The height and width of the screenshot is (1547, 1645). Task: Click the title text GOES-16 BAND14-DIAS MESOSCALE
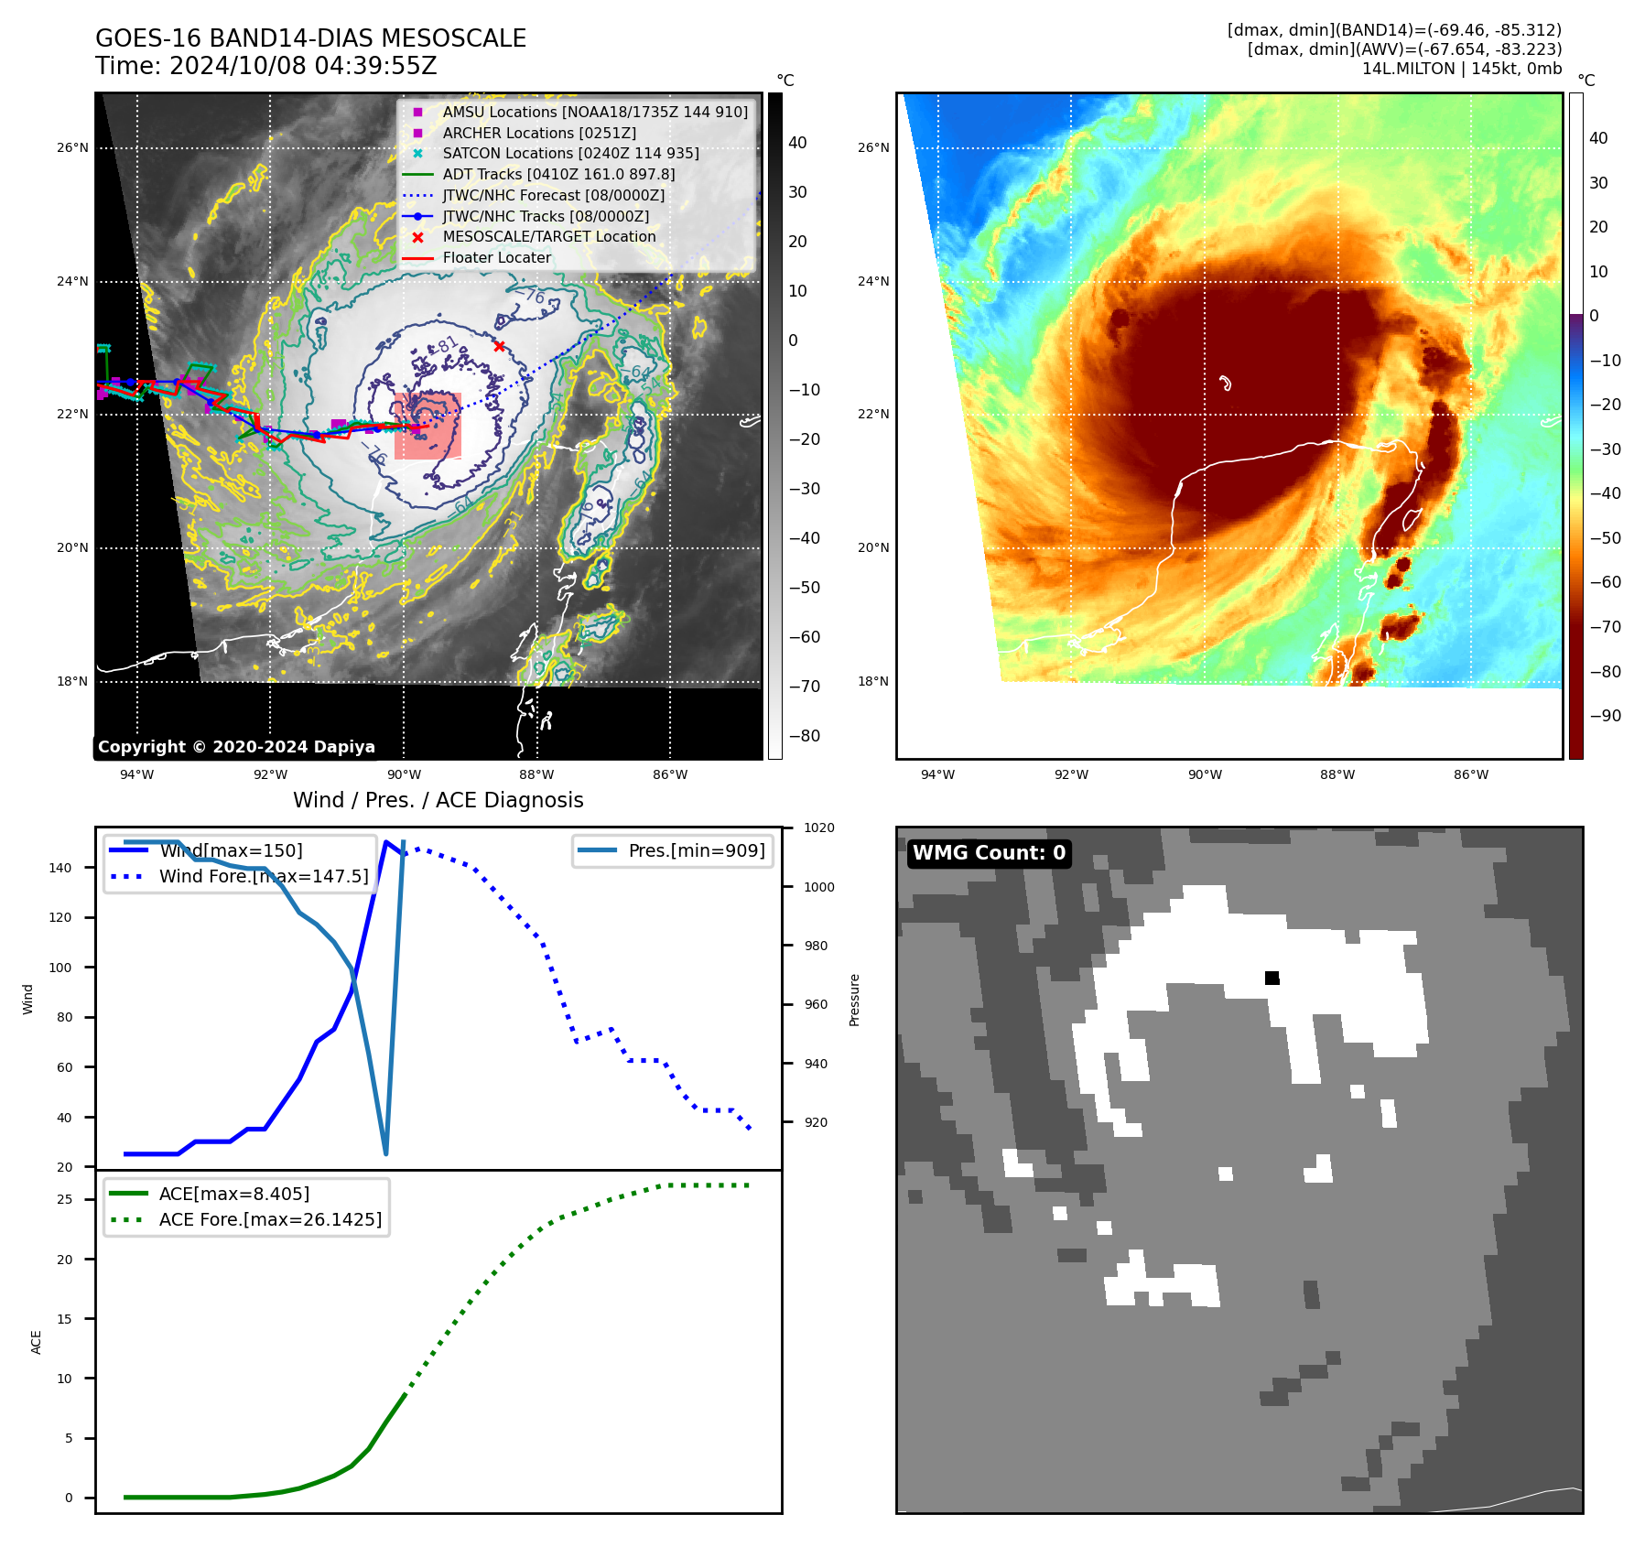[310, 38]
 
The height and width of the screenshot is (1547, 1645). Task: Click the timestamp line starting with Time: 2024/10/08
[265, 66]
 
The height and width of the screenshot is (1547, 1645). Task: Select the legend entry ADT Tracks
[558, 174]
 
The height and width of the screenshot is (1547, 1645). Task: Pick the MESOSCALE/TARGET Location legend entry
[548, 236]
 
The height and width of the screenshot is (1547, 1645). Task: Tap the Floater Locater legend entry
[496, 257]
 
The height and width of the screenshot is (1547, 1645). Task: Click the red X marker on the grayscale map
[499, 346]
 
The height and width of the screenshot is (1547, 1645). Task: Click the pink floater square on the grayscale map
[427, 426]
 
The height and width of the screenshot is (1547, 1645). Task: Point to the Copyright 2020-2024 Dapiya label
[236, 747]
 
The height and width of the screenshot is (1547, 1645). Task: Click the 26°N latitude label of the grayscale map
[72, 147]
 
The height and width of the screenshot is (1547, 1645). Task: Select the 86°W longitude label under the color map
[1470, 774]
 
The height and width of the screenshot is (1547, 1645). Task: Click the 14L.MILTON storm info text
[1461, 69]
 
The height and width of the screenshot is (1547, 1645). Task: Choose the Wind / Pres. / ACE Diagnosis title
[438, 800]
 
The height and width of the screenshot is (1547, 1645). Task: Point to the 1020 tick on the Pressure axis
[818, 828]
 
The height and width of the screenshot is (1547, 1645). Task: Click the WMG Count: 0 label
[989, 853]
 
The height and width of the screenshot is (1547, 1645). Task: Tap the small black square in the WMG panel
[1272, 978]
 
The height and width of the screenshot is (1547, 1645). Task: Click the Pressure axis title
[854, 1000]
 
